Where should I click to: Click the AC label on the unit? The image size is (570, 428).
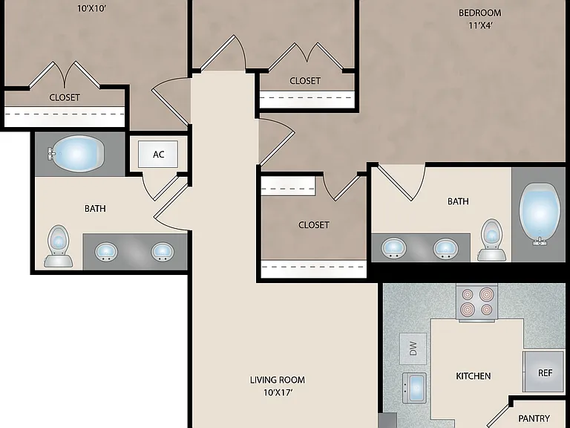click(x=159, y=155)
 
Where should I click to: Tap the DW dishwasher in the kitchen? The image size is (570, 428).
click(x=413, y=348)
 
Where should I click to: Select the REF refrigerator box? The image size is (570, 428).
click(x=543, y=372)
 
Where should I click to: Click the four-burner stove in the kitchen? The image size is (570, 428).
click(x=477, y=302)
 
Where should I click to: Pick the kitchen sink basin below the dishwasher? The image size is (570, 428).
click(x=414, y=388)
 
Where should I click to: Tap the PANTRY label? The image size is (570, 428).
click(x=534, y=418)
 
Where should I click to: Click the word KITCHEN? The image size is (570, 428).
click(x=473, y=375)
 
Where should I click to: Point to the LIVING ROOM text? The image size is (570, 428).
click(x=278, y=380)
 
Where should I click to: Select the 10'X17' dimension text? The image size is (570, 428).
click(x=278, y=392)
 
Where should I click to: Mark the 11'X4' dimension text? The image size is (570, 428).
click(x=481, y=25)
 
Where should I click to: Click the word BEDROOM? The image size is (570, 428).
click(x=480, y=13)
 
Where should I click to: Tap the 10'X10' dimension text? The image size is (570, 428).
click(x=91, y=8)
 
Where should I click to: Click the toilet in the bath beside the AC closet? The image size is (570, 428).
click(x=58, y=246)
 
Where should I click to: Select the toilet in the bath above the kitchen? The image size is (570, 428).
click(x=491, y=239)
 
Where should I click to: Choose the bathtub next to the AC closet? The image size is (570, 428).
click(x=76, y=154)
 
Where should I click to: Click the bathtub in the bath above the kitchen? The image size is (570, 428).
click(x=539, y=214)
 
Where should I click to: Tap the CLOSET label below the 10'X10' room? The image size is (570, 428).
click(x=65, y=97)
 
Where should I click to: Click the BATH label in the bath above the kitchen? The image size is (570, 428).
click(x=458, y=201)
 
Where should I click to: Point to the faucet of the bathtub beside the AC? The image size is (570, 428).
click(x=51, y=154)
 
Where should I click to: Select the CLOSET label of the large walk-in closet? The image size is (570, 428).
click(x=314, y=225)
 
